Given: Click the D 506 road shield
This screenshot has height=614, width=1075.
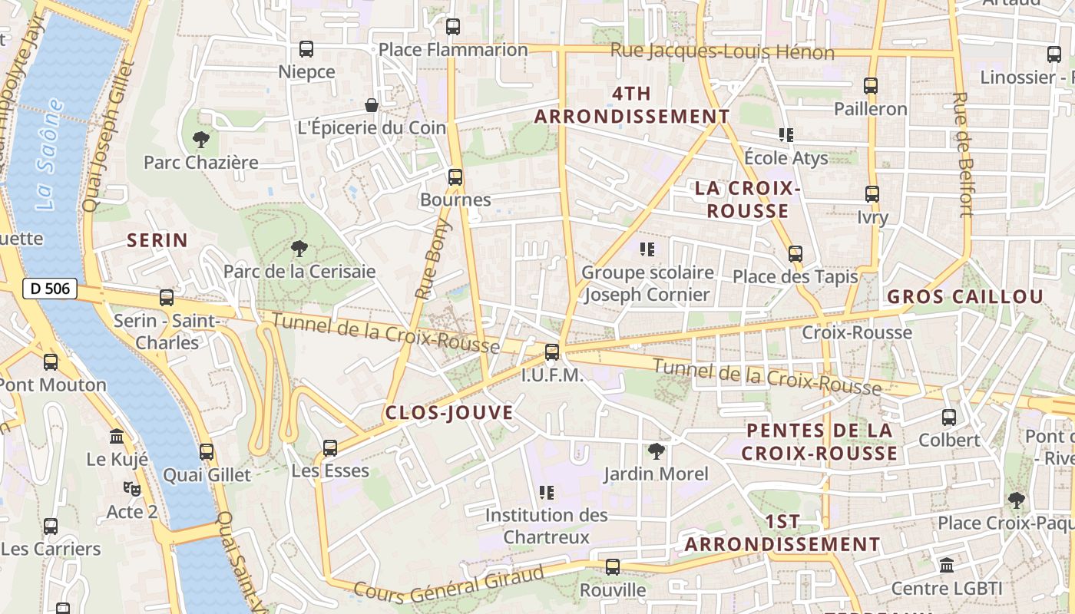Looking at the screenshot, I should tap(51, 289).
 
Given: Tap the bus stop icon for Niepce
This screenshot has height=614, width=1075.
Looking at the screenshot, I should tap(306, 49).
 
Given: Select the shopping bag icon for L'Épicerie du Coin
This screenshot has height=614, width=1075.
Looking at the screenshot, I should tap(372, 104).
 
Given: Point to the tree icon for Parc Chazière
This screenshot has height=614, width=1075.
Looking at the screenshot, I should tap(201, 140).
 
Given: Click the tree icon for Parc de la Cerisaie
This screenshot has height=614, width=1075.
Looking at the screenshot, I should tap(299, 248).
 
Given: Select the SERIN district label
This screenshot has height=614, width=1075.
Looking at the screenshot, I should tap(157, 240).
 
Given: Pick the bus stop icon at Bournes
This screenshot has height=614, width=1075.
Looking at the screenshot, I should tap(455, 177).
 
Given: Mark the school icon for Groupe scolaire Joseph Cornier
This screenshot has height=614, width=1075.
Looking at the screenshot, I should tap(647, 249).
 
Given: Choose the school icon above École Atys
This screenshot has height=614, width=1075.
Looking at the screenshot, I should tap(786, 135).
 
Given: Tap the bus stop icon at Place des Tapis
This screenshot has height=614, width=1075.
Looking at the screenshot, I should tap(795, 253).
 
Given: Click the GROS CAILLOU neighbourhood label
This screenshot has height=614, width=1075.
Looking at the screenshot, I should tap(965, 297).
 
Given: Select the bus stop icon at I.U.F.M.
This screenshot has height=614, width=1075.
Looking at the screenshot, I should tap(552, 352).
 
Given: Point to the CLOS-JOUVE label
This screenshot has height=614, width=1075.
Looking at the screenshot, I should tap(449, 413).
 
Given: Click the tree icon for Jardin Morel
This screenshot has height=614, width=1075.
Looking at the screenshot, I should tap(656, 451).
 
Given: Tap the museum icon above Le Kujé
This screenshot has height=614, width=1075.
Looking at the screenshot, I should tap(117, 437).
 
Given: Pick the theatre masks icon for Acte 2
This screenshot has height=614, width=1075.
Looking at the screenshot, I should tap(132, 488).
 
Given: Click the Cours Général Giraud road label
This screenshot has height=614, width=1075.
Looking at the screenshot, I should tap(449, 583).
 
